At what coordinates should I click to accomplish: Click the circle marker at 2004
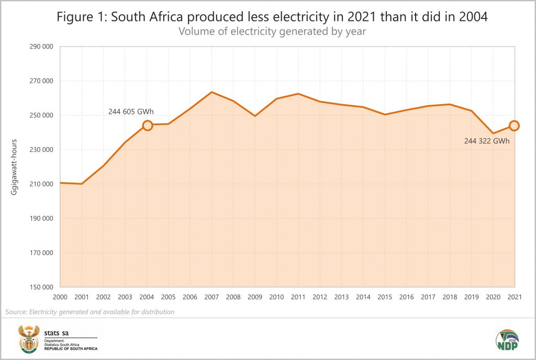(148, 126)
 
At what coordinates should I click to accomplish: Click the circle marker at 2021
(514, 126)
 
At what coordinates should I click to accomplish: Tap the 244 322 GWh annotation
(487, 141)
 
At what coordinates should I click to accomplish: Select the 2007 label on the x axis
(212, 297)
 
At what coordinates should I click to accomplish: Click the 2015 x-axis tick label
(385, 297)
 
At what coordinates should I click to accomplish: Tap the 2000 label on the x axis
(61, 297)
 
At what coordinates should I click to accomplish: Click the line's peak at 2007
(211, 92)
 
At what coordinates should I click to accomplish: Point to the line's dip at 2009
(255, 116)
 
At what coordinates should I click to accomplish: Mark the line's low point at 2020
(493, 133)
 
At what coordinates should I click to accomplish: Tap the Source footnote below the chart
(90, 312)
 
